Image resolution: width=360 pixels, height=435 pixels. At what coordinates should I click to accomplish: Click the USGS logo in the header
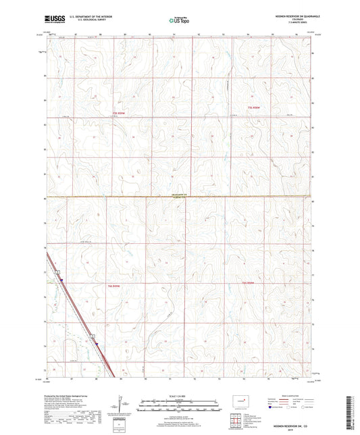click(53, 20)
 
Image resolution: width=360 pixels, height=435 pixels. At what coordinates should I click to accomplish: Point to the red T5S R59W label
click(119, 113)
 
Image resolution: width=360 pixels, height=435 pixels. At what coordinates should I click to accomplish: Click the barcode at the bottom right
click(352, 411)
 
